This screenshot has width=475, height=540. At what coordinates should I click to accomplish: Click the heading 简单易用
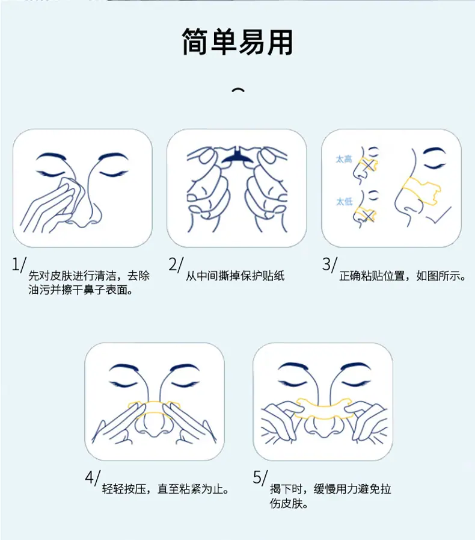pyautogui.click(x=237, y=42)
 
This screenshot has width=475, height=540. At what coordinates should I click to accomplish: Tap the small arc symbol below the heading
pyautogui.click(x=238, y=90)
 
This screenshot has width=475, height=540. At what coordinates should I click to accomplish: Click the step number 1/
pyautogui.click(x=19, y=264)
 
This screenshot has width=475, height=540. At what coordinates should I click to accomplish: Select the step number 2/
pyautogui.click(x=176, y=264)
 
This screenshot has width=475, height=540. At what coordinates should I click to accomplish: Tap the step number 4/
pyautogui.click(x=93, y=477)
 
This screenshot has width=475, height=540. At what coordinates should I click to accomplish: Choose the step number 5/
pyautogui.click(x=260, y=477)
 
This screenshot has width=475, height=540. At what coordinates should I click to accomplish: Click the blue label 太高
pyautogui.click(x=344, y=159)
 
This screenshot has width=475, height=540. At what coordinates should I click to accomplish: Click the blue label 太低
pyautogui.click(x=345, y=202)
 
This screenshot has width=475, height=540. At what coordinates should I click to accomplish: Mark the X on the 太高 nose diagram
pyautogui.click(x=369, y=166)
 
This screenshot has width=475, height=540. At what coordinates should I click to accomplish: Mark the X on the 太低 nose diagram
pyautogui.click(x=368, y=216)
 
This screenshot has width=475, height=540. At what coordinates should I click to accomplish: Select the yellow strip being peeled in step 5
pyautogui.click(x=324, y=408)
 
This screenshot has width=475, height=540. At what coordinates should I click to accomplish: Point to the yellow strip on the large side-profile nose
pyautogui.click(x=421, y=190)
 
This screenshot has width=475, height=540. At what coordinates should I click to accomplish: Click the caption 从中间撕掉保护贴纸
pyautogui.click(x=235, y=276)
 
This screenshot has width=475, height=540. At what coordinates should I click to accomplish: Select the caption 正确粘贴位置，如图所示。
pyautogui.click(x=402, y=276)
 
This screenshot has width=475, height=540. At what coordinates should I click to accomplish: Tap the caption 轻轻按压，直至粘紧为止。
pyautogui.click(x=165, y=489)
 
